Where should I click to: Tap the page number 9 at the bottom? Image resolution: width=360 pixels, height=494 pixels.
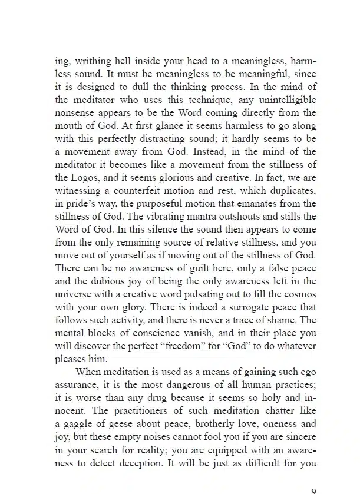click(x=312, y=490)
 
